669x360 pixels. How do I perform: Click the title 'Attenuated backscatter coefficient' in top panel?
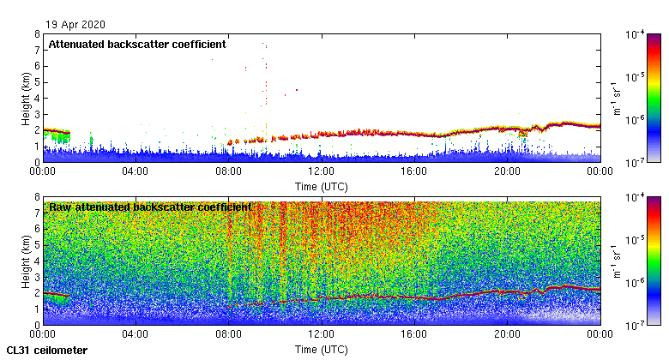tap(137, 44)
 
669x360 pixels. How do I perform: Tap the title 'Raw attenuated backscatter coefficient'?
tap(150, 207)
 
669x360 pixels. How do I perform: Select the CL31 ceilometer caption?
tap(46, 350)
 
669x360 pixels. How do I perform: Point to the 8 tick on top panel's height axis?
tap(36, 34)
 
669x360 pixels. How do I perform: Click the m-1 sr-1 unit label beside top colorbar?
tap(615, 98)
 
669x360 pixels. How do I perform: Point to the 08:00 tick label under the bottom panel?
tap(228, 335)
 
